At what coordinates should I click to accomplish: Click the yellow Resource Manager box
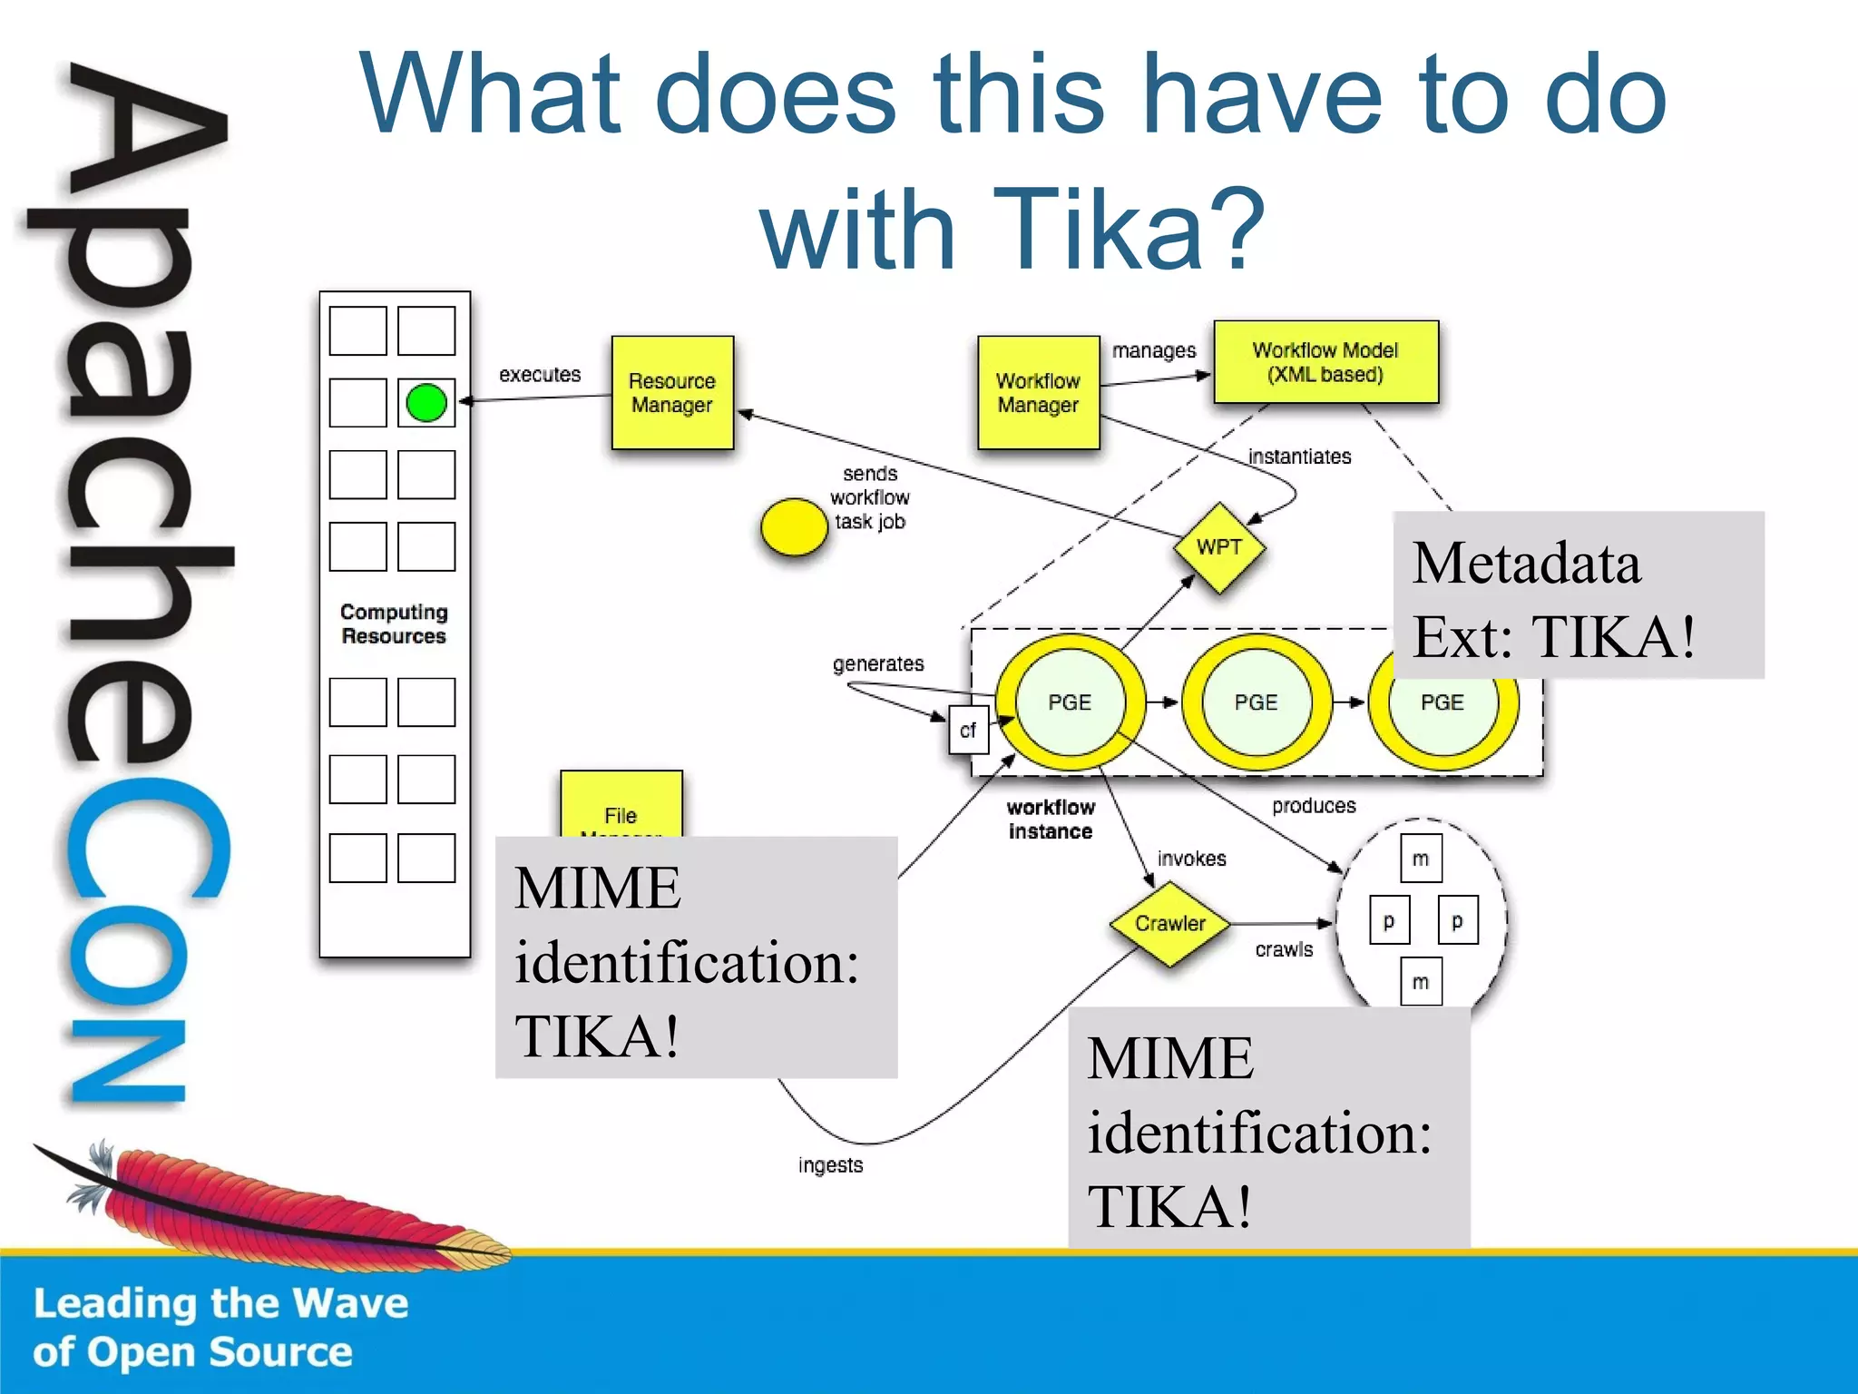pos(672,392)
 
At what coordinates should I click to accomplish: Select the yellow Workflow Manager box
pos(1038,392)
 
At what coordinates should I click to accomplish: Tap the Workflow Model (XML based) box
pos(1325,361)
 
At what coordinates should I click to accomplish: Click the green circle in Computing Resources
pos(426,403)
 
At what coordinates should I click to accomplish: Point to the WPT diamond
pos(1218,547)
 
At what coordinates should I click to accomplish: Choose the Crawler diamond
pos(1170,923)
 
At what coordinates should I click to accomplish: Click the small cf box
pos(968,730)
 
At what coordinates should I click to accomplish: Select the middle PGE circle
pos(1257,702)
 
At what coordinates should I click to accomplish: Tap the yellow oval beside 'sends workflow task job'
pos(794,526)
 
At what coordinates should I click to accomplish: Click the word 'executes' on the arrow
pos(540,374)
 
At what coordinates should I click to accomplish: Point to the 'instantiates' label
pos(1299,456)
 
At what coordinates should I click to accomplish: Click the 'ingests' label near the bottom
pos(830,1164)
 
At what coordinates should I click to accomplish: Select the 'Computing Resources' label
pos(394,623)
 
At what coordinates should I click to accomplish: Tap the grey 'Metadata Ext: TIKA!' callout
pos(1578,595)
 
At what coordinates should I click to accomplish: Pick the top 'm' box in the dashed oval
pos(1421,859)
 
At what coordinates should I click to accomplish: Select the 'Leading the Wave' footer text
pos(221,1303)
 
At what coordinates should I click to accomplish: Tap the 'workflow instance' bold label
pos(1051,819)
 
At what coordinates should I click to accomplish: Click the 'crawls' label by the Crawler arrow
pos(1284,949)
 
